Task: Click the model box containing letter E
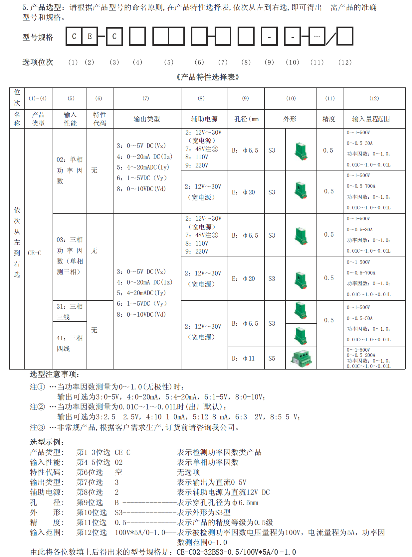pos(90,36)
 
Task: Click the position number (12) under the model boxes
pos(345,62)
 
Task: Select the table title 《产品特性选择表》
pos(208,77)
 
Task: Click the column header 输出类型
pos(147,119)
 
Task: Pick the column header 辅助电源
pos(204,119)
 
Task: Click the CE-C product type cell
pos(35,253)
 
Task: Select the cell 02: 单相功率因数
pos(70,170)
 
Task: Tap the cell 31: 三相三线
pos(70,311)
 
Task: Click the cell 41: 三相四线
pos(70,343)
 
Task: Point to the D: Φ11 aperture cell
pos(243,358)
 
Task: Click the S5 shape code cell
pos(272,358)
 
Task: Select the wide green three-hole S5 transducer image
pos(302,358)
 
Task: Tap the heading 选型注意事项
pos(55,374)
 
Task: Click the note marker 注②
pos(37,407)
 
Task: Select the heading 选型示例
pos(47,442)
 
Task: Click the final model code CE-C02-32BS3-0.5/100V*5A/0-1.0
pos(236,552)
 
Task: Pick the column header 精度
pos(329,119)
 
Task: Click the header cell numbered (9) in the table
pos(245,98)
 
